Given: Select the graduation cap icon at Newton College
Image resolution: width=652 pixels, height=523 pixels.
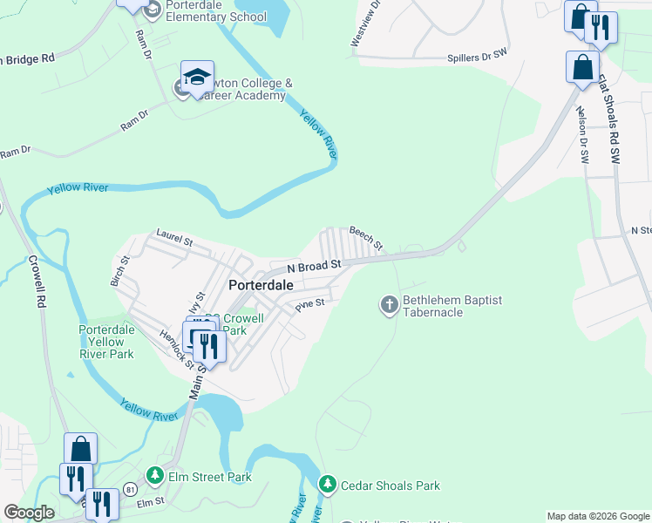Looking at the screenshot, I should (197, 76).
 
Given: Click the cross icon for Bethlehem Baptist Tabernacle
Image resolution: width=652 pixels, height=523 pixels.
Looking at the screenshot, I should (389, 305).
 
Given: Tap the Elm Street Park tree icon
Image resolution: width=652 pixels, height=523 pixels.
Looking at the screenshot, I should (155, 476).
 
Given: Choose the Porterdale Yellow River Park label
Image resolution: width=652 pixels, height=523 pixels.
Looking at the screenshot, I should (106, 343).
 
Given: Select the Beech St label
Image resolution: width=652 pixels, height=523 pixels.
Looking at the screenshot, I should (366, 237).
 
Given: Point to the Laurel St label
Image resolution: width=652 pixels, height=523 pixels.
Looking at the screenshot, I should (173, 236).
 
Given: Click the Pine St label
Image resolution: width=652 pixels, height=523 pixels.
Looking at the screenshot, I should (309, 304).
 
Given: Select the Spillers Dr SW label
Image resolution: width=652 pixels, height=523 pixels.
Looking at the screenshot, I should (477, 58).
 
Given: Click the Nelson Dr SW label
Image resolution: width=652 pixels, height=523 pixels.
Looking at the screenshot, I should (582, 135).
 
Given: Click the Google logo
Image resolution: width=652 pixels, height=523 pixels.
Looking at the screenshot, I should (28, 513).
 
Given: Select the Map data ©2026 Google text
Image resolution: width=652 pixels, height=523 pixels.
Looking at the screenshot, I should (597, 516).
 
